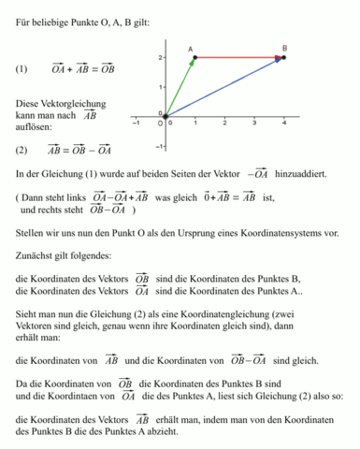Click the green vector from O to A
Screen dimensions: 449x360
click(180, 87)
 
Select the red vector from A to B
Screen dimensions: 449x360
click(238, 58)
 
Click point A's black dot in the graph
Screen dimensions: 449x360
click(194, 58)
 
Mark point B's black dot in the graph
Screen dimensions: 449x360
click(283, 58)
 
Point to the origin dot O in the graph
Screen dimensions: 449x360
click(166, 116)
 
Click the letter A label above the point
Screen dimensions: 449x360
click(190, 48)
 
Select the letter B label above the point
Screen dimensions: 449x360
click(284, 47)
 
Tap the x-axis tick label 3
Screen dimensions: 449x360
click(254, 124)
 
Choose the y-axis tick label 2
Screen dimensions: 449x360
click(160, 58)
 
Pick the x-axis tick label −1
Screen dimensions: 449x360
click(137, 123)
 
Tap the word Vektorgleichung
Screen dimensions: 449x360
click(73, 103)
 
